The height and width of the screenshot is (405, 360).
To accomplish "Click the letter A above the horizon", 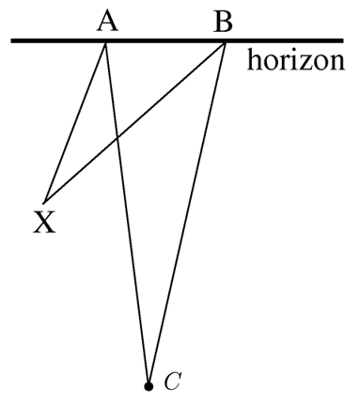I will (106, 20).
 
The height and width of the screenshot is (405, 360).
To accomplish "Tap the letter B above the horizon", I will (222, 20).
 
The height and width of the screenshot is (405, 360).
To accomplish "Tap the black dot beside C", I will (148, 385).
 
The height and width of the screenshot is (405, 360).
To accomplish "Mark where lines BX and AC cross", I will (117, 139).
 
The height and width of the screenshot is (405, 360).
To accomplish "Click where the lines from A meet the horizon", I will (105, 42).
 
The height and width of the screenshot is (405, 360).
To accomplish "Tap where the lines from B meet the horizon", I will (225, 42).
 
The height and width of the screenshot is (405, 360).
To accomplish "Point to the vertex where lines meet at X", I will (43, 199).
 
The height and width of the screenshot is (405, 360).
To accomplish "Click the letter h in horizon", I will (254, 62).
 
